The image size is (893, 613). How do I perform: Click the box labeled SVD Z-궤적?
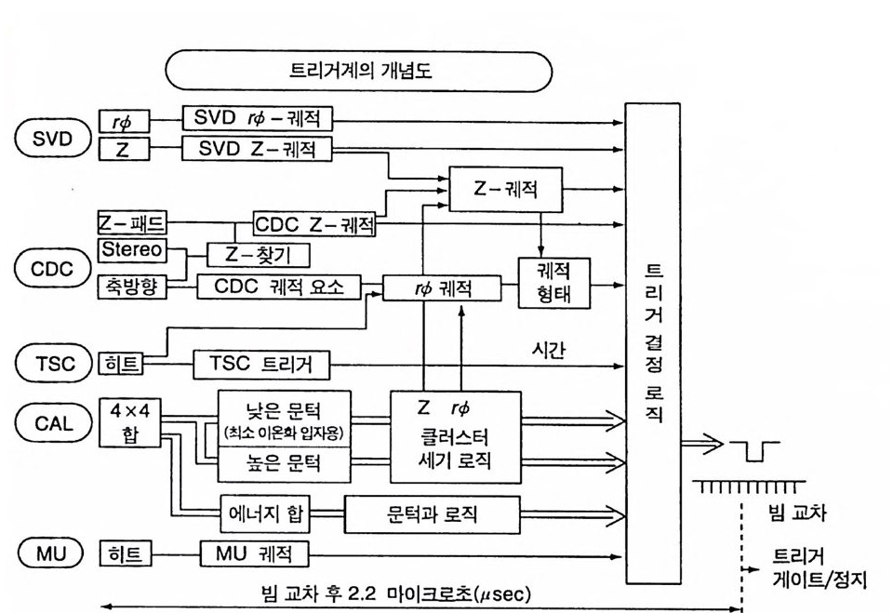(256, 148)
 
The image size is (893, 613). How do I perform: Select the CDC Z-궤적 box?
(314, 224)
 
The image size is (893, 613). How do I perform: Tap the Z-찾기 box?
(258, 254)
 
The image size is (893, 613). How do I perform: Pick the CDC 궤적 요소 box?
(279, 287)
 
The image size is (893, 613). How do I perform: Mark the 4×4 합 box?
(128, 423)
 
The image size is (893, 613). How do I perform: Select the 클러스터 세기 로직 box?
(455, 436)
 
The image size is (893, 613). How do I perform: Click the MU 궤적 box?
(254, 555)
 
